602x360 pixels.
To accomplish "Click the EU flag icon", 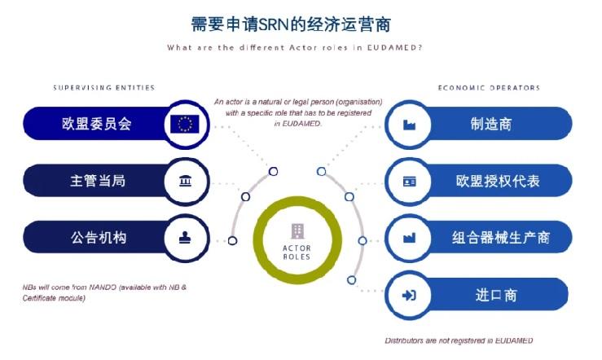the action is [185, 124].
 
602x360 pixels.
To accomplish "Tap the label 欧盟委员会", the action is [97, 124].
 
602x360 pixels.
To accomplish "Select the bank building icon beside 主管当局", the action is [186, 180].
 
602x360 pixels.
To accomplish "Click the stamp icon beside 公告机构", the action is [185, 238].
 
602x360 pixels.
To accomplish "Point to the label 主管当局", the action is [98, 180].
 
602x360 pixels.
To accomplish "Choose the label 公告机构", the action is [99, 238].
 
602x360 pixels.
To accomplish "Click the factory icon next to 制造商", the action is [409, 125].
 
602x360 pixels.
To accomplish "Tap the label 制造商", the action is [491, 124].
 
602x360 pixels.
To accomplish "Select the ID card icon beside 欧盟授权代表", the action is [409, 181].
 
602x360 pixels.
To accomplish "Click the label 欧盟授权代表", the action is [498, 181].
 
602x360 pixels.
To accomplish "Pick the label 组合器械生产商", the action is [501, 238].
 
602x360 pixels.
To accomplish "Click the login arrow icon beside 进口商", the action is [409, 295].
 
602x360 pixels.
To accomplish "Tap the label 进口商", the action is [496, 295].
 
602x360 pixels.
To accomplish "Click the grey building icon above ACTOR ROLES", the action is [297, 231].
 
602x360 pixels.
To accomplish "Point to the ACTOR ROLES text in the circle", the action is [297, 252].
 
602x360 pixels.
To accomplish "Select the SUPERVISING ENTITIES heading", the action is [104, 87].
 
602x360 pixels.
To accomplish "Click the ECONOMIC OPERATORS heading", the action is [489, 87].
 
